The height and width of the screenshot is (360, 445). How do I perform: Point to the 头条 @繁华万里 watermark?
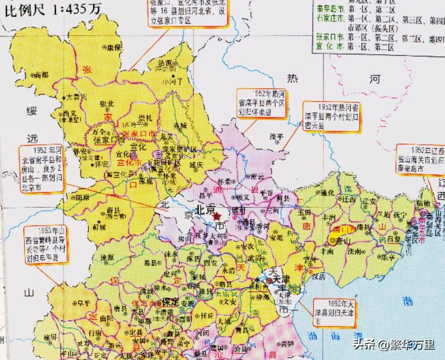(393, 344)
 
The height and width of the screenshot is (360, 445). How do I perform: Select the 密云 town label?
(258, 176)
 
